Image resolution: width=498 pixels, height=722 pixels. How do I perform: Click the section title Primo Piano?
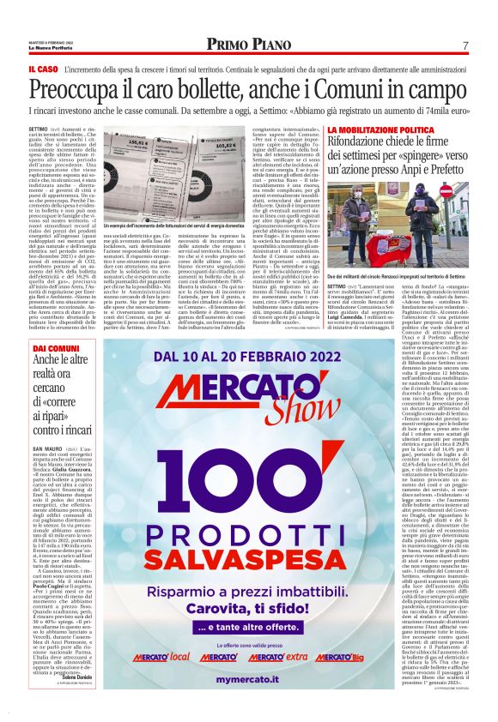tap(247, 44)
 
